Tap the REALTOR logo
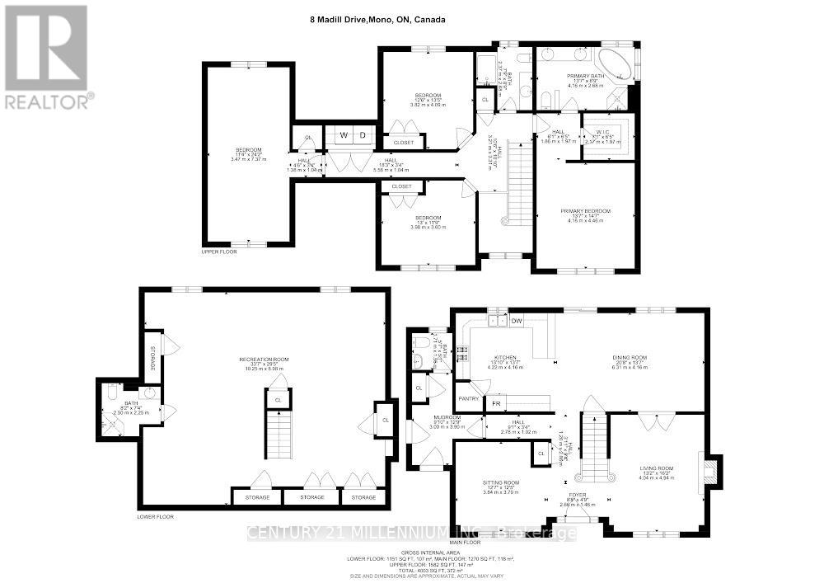[47, 57]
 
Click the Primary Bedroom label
[586, 211]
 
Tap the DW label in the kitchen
[517, 321]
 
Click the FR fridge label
[496, 404]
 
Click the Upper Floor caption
[219, 252]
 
